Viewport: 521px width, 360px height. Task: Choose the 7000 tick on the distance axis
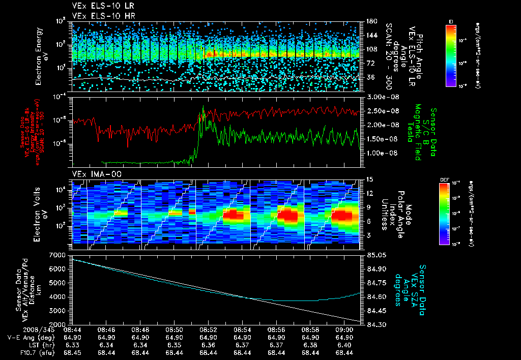tap(61, 254)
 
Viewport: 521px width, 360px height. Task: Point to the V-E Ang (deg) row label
tap(27, 337)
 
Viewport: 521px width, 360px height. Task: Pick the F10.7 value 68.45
tap(72, 352)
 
